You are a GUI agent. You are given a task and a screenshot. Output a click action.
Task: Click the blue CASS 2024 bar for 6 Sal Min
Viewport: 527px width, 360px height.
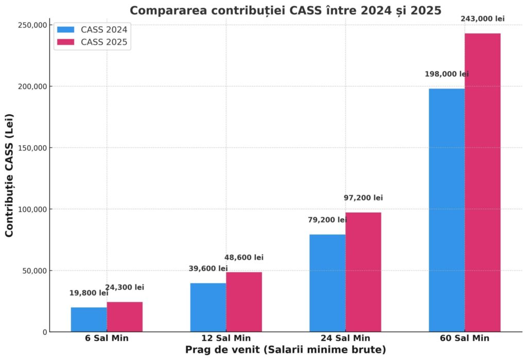(x=89, y=319)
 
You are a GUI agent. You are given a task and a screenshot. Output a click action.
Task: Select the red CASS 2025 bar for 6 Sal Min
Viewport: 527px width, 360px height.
(x=125, y=317)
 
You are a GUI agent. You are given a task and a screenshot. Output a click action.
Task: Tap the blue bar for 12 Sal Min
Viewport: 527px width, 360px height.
(x=208, y=307)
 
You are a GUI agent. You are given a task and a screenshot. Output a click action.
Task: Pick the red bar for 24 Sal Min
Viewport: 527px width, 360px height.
(x=363, y=272)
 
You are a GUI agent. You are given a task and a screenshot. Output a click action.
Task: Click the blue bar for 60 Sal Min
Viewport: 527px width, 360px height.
(x=446, y=210)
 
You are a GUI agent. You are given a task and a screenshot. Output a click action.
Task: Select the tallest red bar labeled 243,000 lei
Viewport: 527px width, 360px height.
(x=482, y=183)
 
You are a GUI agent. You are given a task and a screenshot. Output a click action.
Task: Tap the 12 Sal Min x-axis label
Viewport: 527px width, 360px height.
(x=226, y=338)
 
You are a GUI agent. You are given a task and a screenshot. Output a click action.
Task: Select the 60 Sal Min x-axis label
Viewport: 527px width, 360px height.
(x=464, y=338)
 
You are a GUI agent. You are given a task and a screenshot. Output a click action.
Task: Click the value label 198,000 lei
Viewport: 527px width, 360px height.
(x=447, y=74)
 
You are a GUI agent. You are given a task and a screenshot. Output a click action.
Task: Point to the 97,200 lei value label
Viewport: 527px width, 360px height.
(x=363, y=198)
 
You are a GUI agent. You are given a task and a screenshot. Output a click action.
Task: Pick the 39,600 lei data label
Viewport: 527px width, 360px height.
(x=208, y=268)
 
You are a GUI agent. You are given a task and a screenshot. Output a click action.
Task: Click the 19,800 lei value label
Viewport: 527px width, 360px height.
(x=89, y=293)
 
